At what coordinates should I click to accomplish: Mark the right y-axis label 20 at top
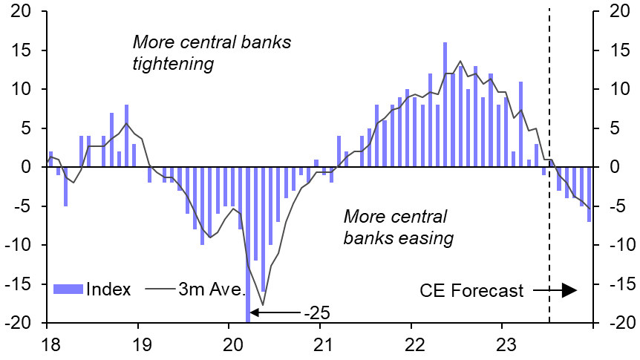pyautogui.click(x=618, y=12)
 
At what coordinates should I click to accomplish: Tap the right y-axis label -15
pyautogui.click(x=618, y=284)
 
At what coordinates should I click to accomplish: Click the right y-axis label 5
pyautogui.click(x=614, y=128)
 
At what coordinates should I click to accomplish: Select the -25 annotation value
pyautogui.click(x=316, y=311)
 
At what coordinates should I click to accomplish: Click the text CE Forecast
pyautogui.click(x=471, y=290)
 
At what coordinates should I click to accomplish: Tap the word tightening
pyautogui.click(x=172, y=64)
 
